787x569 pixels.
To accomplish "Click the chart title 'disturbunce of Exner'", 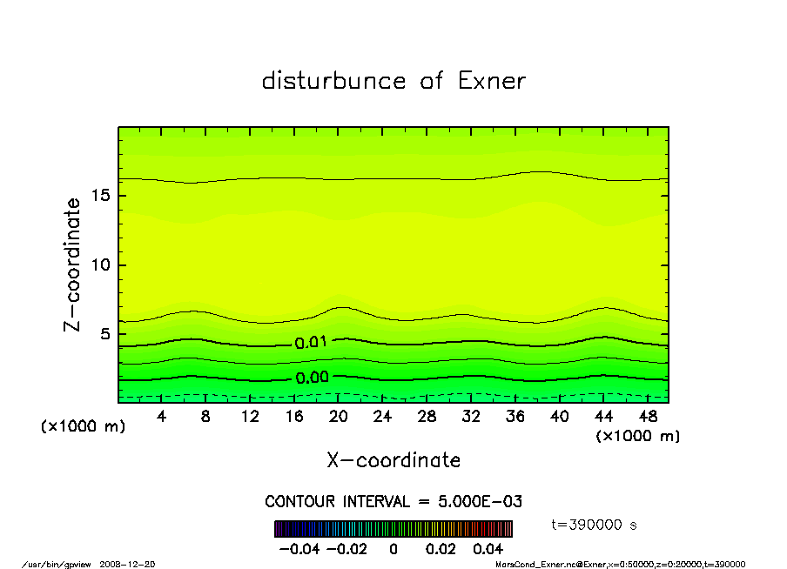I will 393,81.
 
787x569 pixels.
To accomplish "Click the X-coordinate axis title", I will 393,460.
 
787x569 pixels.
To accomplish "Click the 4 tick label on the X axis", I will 162,417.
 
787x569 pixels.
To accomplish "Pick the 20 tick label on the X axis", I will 339,417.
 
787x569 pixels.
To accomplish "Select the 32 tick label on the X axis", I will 471,417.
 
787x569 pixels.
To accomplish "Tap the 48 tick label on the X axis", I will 648,417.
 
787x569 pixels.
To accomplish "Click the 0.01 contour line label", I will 311,343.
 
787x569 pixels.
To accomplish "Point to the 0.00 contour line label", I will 311,378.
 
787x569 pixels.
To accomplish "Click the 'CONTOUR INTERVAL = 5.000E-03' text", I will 393,502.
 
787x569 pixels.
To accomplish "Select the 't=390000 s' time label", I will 595,525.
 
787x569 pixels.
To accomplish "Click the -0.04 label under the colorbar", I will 293,549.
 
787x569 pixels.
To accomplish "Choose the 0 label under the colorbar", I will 393,549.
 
